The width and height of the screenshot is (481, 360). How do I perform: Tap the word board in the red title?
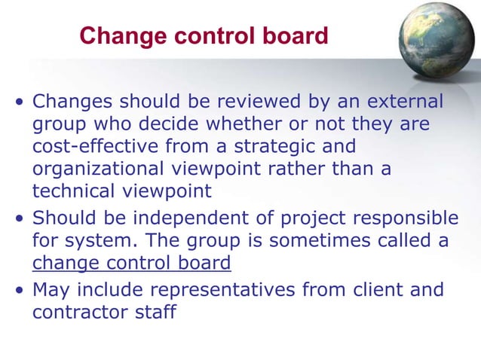[x=299, y=35]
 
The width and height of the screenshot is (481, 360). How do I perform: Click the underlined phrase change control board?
[x=131, y=264]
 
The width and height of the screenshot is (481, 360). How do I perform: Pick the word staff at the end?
[x=155, y=311]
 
